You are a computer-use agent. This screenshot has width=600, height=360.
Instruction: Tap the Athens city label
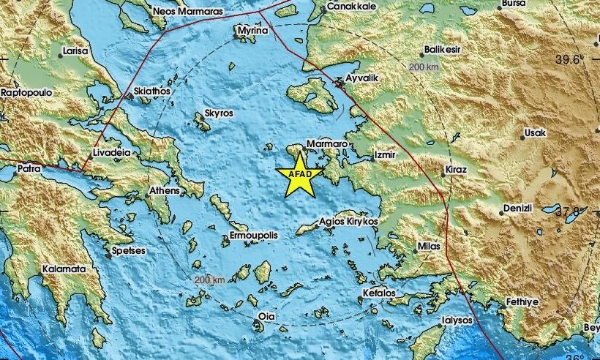pyautogui.click(x=164, y=191)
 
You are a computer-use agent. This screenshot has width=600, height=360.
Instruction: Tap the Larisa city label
pyautogui.click(x=75, y=52)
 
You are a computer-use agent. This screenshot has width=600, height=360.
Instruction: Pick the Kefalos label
pyautogui.click(x=378, y=293)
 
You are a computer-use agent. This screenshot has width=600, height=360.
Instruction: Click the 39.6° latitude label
pyautogui.click(x=567, y=60)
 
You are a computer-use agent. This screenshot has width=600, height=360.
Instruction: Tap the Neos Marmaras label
pyautogui.click(x=187, y=12)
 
